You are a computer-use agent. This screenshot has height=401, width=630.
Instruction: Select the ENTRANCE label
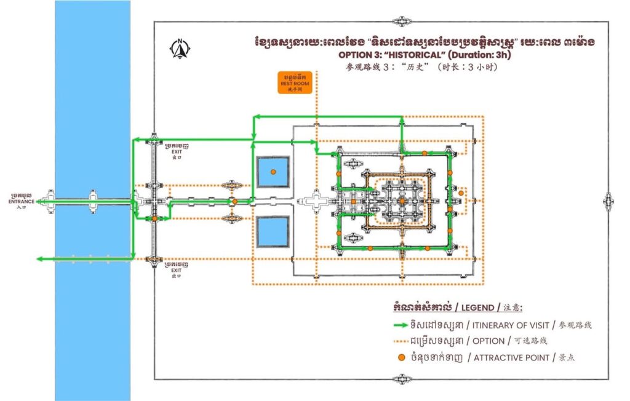tap(21, 200)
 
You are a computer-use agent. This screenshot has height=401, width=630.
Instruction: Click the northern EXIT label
tap(177, 149)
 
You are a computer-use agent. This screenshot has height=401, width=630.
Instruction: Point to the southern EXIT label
tap(177, 269)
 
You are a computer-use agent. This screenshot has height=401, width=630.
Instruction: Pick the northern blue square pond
tap(273, 172)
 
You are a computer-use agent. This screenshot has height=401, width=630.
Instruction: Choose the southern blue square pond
tap(273, 231)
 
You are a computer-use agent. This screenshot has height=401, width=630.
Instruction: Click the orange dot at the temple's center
tap(402, 200)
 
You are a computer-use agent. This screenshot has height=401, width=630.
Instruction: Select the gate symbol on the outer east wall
tap(608, 200)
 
